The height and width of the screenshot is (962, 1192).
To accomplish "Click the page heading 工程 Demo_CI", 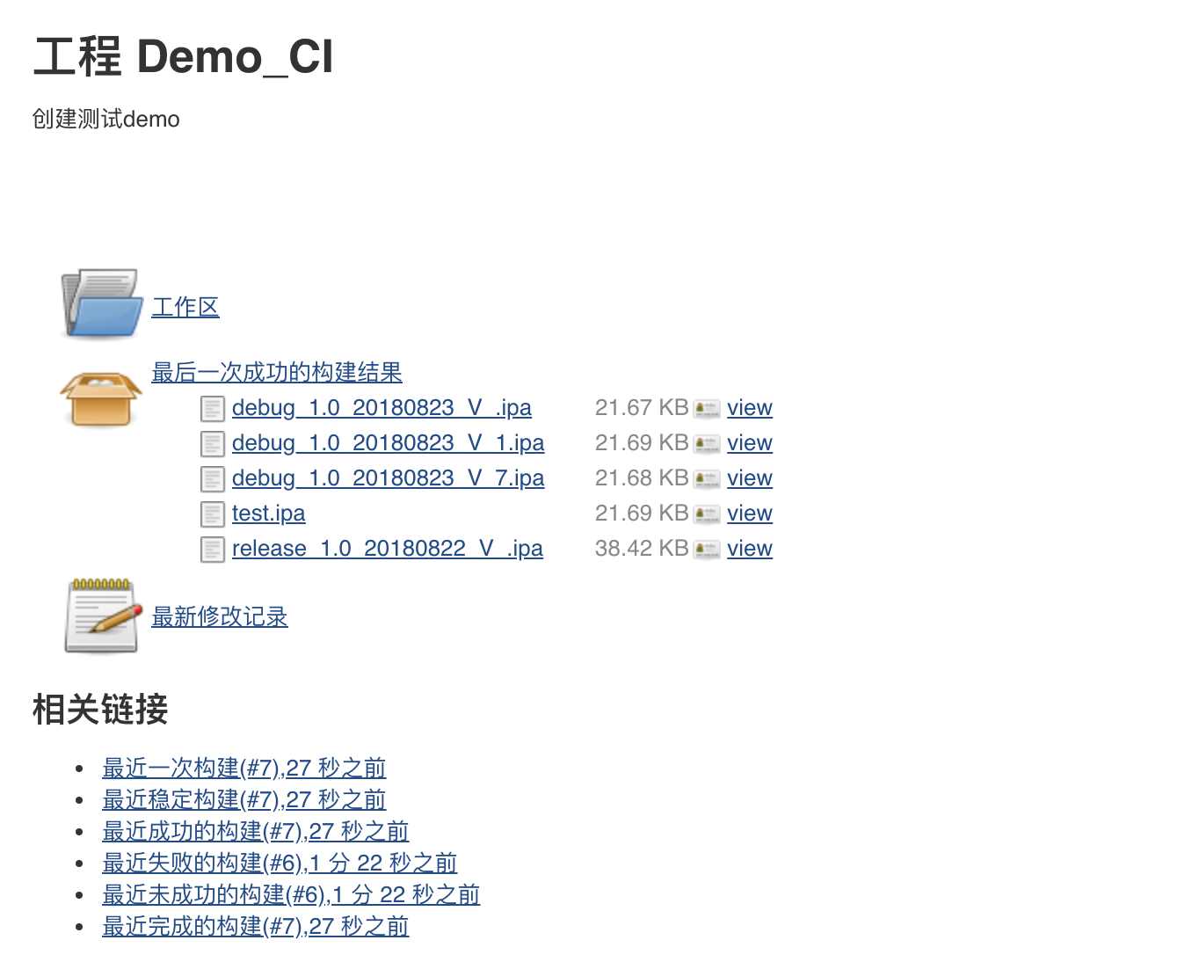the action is click(183, 57).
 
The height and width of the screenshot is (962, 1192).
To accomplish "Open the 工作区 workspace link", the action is click(185, 307).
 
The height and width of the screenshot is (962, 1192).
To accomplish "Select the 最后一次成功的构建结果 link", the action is click(276, 372).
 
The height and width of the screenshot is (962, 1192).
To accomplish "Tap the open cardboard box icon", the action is click(100, 398).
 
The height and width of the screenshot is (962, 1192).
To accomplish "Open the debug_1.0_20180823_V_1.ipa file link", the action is click(388, 442).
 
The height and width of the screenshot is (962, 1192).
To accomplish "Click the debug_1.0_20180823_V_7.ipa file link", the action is click(388, 477).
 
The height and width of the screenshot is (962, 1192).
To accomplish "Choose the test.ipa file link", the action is click(268, 513).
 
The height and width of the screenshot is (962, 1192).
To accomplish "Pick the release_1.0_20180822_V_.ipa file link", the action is click(387, 548).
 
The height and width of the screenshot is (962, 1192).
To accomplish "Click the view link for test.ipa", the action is click(749, 513).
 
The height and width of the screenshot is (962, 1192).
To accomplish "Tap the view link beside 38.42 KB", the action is click(749, 548).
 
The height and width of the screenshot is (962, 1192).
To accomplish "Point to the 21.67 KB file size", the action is click(641, 407).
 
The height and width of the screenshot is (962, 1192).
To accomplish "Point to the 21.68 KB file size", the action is click(641, 477).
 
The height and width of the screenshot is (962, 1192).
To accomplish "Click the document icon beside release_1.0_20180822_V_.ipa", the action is click(212, 549).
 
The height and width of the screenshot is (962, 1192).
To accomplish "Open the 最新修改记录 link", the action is click(219, 616).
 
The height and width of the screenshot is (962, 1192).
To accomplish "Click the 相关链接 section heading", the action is click(100, 710).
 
